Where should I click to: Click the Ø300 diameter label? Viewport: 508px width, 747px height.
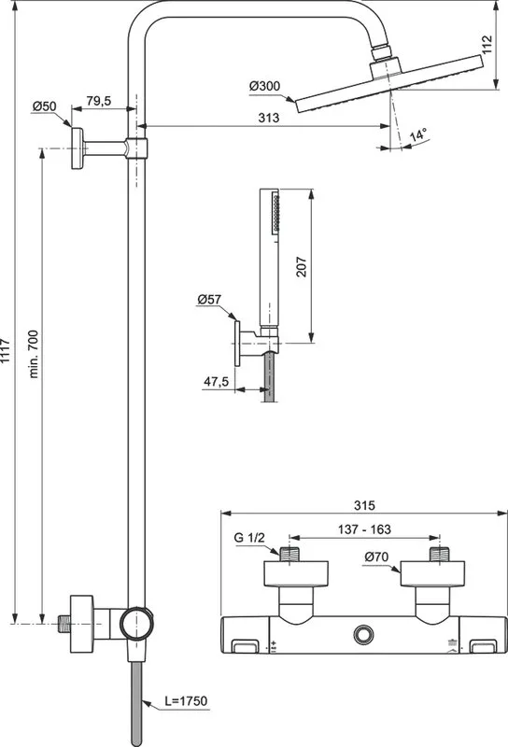click(x=265, y=86)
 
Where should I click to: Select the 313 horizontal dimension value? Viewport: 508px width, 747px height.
click(x=269, y=118)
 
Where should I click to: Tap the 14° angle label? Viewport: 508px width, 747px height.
click(x=418, y=134)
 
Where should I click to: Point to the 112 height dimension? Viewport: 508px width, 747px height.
click(x=487, y=45)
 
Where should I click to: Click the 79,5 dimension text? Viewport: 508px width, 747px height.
click(x=99, y=101)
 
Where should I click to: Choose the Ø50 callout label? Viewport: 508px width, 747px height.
click(x=44, y=106)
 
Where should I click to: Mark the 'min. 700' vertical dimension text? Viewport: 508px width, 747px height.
click(x=33, y=354)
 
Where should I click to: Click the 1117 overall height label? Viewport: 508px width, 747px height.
click(x=5, y=351)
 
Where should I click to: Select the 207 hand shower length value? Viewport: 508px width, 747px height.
click(x=302, y=267)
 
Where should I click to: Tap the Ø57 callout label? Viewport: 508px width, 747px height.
click(x=209, y=299)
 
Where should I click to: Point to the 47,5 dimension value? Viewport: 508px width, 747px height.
click(x=217, y=382)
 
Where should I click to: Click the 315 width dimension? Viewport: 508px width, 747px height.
click(x=364, y=505)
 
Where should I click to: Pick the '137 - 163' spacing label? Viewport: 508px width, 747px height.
click(x=364, y=529)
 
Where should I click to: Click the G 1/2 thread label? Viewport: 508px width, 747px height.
click(x=249, y=538)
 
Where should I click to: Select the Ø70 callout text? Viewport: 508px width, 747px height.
click(x=376, y=557)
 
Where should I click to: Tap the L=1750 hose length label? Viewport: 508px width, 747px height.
click(x=186, y=701)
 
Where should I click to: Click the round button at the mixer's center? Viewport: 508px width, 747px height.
click(x=363, y=634)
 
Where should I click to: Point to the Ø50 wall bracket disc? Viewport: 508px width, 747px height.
click(x=78, y=148)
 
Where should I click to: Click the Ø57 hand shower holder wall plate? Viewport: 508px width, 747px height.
click(x=237, y=343)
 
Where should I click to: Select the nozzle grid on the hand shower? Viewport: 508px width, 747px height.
click(x=275, y=213)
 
